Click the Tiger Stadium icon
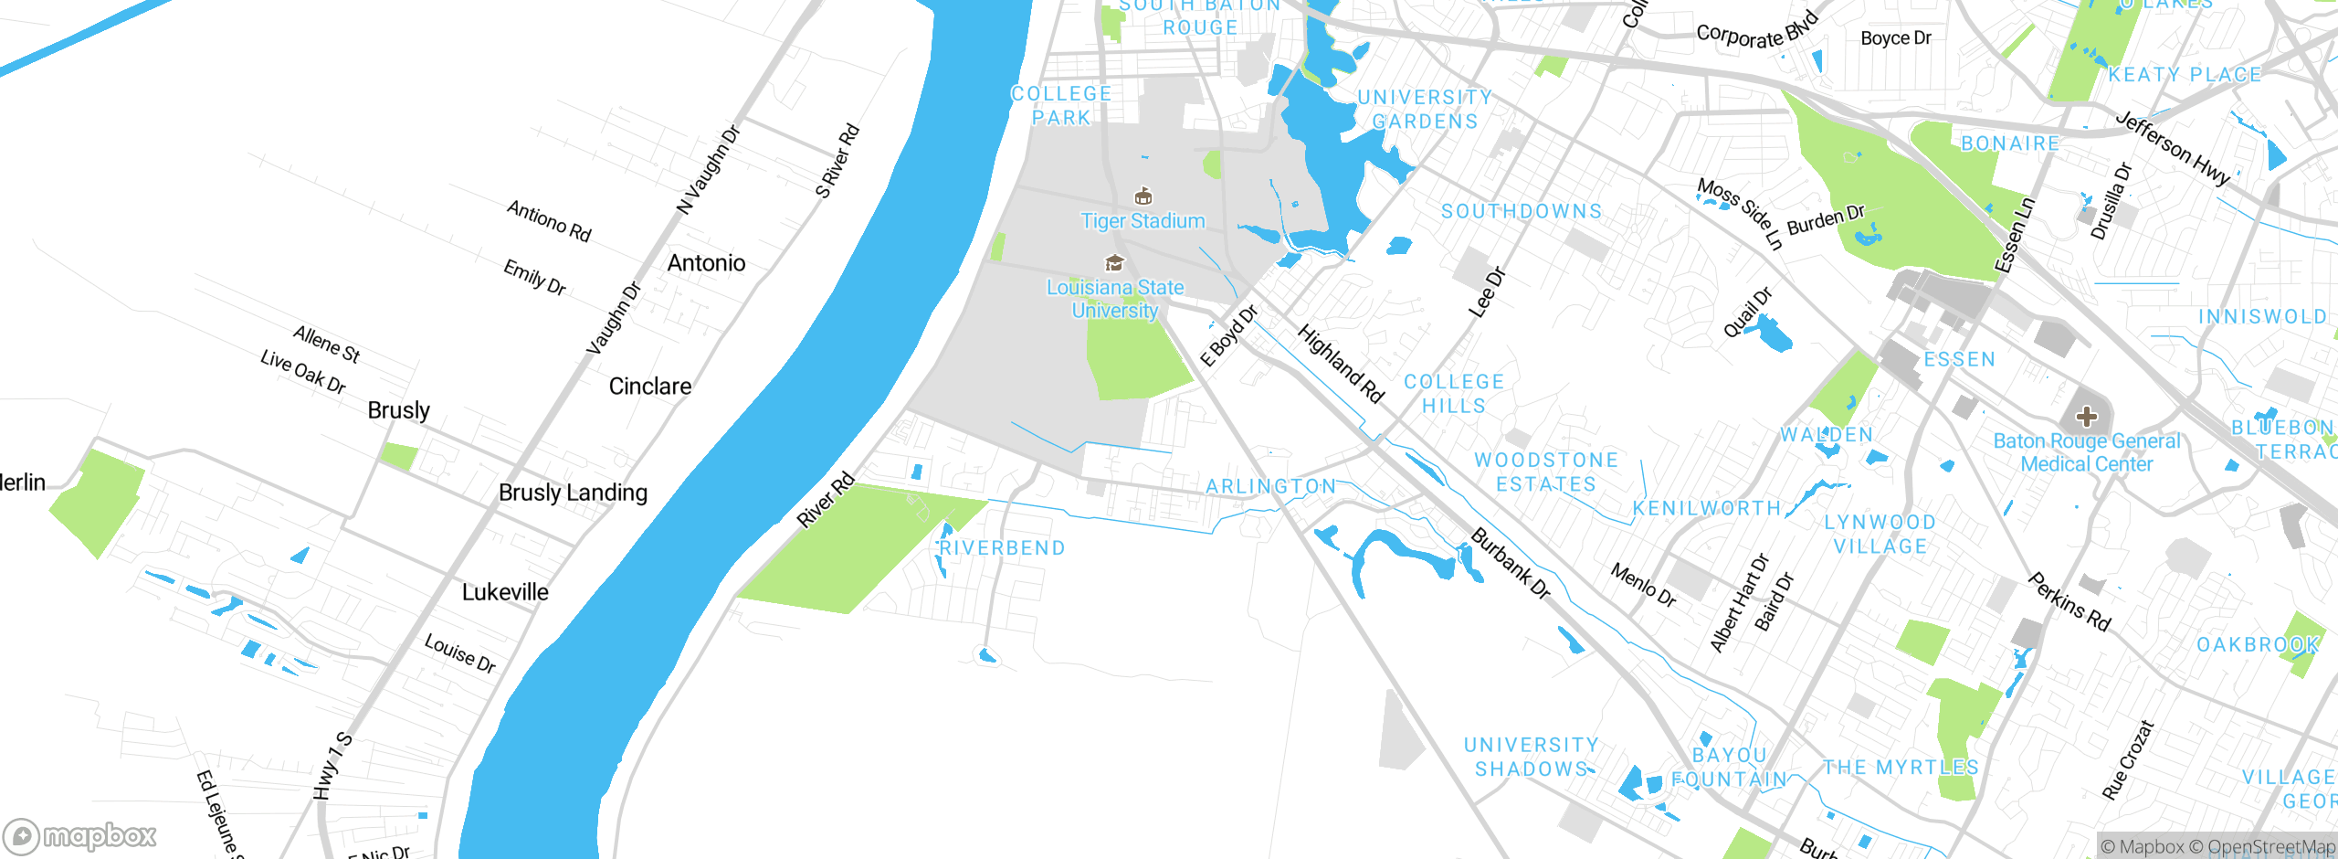(1143, 196)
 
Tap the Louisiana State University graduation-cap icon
(1114, 263)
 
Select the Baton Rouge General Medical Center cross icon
(2086, 417)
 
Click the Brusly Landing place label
(573, 493)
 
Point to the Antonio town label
(706, 263)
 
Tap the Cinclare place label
(649, 387)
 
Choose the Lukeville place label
(505, 592)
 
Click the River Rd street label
(826, 500)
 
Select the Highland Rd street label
(1341, 364)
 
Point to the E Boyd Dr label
(1228, 336)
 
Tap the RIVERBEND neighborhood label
(1002, 548)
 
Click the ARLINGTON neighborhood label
(1270, 486)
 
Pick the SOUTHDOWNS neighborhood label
(1522, 211)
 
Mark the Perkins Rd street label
(2069, 601)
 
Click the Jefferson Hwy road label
(2173, 148)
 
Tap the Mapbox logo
(79, 835)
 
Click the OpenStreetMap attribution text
(2270, 847)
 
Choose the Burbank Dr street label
(1511, 563)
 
